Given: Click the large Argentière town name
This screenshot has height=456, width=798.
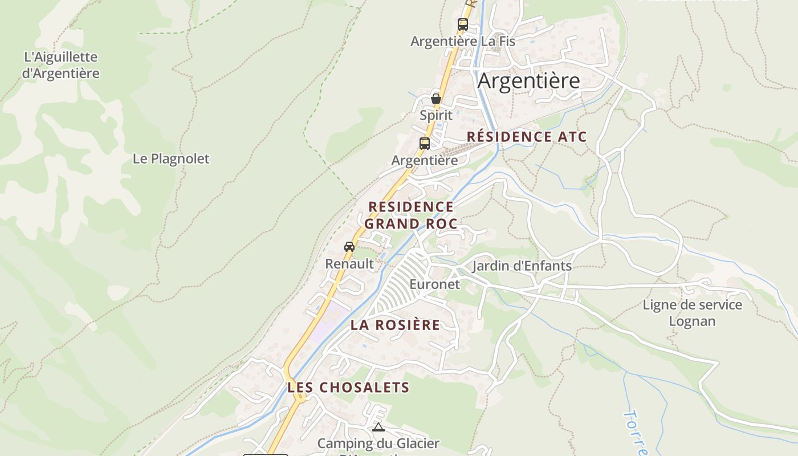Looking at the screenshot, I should [x=528, y=81].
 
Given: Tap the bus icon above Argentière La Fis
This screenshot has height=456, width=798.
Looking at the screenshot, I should [x=462, y=25].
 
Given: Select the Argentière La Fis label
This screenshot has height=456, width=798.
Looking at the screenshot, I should [x=462, y=42].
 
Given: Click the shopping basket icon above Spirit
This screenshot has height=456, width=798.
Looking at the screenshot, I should [x=436, y=99].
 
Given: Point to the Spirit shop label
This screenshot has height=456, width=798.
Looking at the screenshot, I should [x=436, y=115].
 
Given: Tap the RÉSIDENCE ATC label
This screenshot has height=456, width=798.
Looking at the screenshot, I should [x=527, y=137].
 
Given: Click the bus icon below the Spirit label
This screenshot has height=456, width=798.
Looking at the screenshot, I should [x=424, y=144].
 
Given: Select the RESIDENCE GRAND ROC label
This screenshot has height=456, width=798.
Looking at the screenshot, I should [x=411, y=215].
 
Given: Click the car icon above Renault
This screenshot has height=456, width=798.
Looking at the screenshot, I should [x=349, y=247].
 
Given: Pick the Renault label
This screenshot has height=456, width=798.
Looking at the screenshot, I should [x=349, y=264].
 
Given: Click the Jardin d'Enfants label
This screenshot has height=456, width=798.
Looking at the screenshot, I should [x=522, y=266].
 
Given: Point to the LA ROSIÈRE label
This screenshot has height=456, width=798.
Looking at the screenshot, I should [x=395, y=325].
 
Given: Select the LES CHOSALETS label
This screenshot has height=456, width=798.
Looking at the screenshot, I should [x=348, y=388].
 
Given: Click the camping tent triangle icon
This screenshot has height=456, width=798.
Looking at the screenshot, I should [x=378, y=427].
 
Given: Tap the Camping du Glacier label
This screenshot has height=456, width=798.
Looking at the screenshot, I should [x=378, y=443].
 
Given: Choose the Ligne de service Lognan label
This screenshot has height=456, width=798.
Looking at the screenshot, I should [x=692, y=313].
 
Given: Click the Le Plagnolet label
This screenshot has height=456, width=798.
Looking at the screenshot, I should [x=171, y=159].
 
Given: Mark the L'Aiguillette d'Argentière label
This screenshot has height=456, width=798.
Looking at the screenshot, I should [x=60, y=65].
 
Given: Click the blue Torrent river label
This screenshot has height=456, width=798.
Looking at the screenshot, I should [x=636, y=431].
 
